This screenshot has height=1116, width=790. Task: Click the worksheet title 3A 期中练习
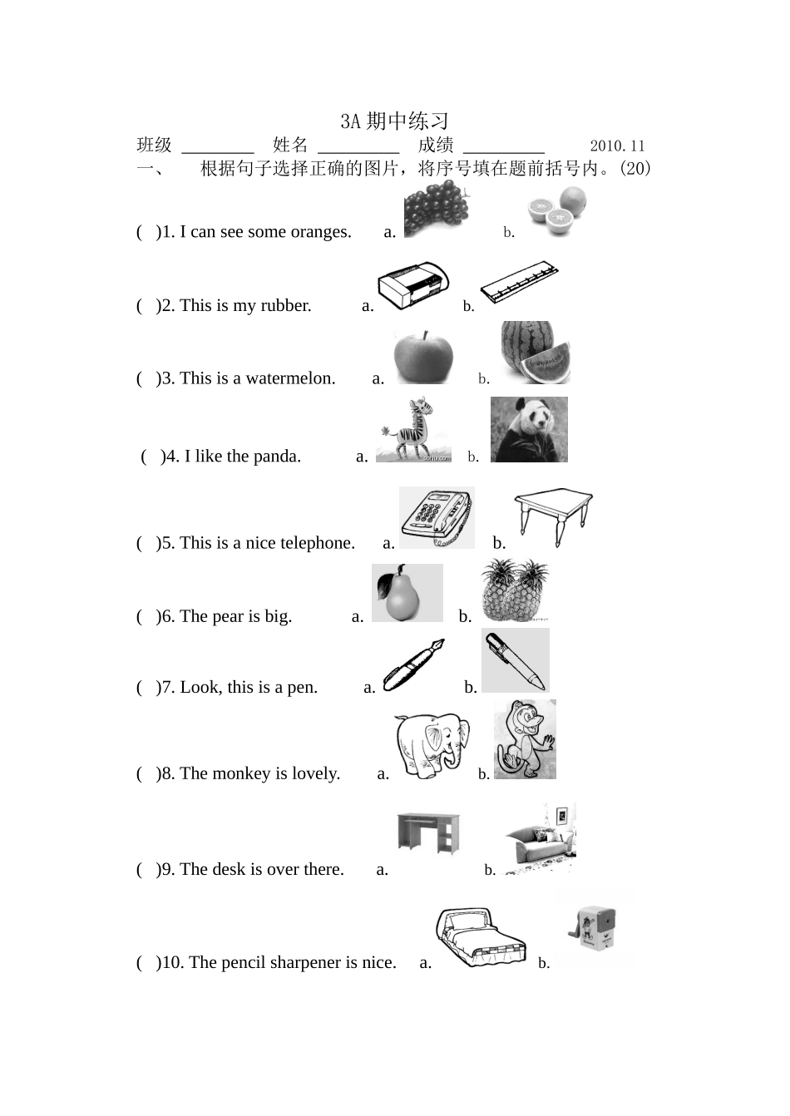(x=394, y=121)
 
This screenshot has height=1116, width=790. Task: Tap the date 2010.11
(x=617, y=146)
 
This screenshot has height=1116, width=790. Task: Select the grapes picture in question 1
(x=437, y=209)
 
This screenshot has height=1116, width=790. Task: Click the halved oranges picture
(x=557, y=210)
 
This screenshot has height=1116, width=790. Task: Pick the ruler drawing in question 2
(x=520, y=281)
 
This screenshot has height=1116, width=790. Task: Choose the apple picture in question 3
(x=423, y=357)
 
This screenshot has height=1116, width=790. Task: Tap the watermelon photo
(x=536, y=353)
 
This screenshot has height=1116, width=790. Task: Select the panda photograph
(x=529, y=429)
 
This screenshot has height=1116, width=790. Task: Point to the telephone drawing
(x=437, y=517)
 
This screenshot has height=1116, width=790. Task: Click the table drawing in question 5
(x=553, y=517)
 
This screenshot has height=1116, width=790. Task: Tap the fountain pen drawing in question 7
(x=413, y=664)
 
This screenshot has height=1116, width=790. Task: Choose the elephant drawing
(x=432, y=747)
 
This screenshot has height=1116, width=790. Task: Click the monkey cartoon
(x=525, y=739)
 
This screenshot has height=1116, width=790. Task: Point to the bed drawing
(x=481, y=937)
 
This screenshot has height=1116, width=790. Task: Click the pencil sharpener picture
(x=593, y=931)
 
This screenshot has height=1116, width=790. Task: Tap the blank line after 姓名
(x=358, y=152)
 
